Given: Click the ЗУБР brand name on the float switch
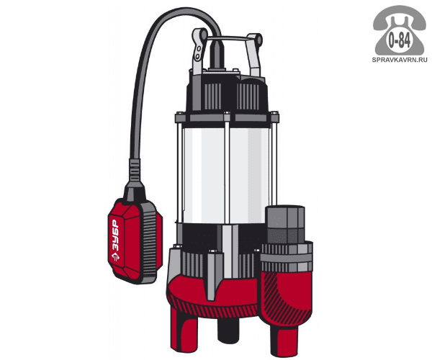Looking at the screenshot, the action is [x=115, y=235].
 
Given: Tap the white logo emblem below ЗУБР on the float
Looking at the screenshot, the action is [x=115, y=256].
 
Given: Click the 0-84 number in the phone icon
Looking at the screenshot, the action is [x=399, y=40].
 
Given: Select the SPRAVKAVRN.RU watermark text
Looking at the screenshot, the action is [x=400, y=60].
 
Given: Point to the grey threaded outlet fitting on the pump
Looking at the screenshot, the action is [x=285, y=225].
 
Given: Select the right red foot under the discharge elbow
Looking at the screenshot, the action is [x=284, y=339].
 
